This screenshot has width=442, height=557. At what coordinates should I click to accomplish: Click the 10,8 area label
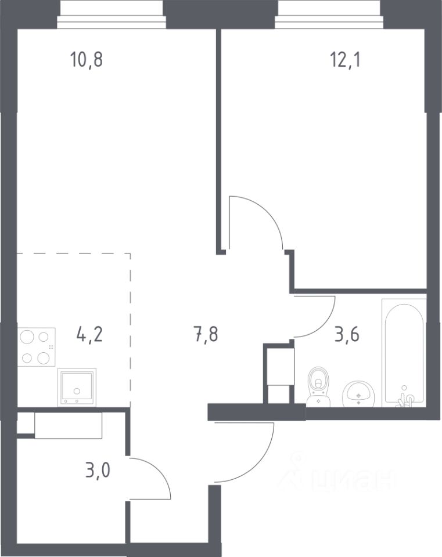tap(87, 59)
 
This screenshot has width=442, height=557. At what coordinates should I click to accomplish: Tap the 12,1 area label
tap(345, 59)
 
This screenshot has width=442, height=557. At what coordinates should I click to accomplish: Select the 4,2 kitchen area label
tap(89, 335)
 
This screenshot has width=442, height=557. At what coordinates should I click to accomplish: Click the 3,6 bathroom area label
tap(347, 335)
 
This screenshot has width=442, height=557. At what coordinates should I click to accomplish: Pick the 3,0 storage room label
tap(98, 470)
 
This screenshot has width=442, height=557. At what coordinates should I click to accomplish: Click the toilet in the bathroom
tap(319, 387)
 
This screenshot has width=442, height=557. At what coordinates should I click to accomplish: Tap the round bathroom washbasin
tap(358, 393)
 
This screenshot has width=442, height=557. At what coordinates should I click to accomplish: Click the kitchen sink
tap(77, 388)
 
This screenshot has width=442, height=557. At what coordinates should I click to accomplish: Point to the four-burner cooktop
tap(36, 347)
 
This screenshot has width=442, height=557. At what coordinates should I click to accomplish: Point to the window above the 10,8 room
tap(112, 14)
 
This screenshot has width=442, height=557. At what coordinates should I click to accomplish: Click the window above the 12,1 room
tap(330, 14)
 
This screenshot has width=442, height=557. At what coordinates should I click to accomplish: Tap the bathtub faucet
tap(405, 399)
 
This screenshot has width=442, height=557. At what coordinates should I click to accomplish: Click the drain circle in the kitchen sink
tap(77, 391)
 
